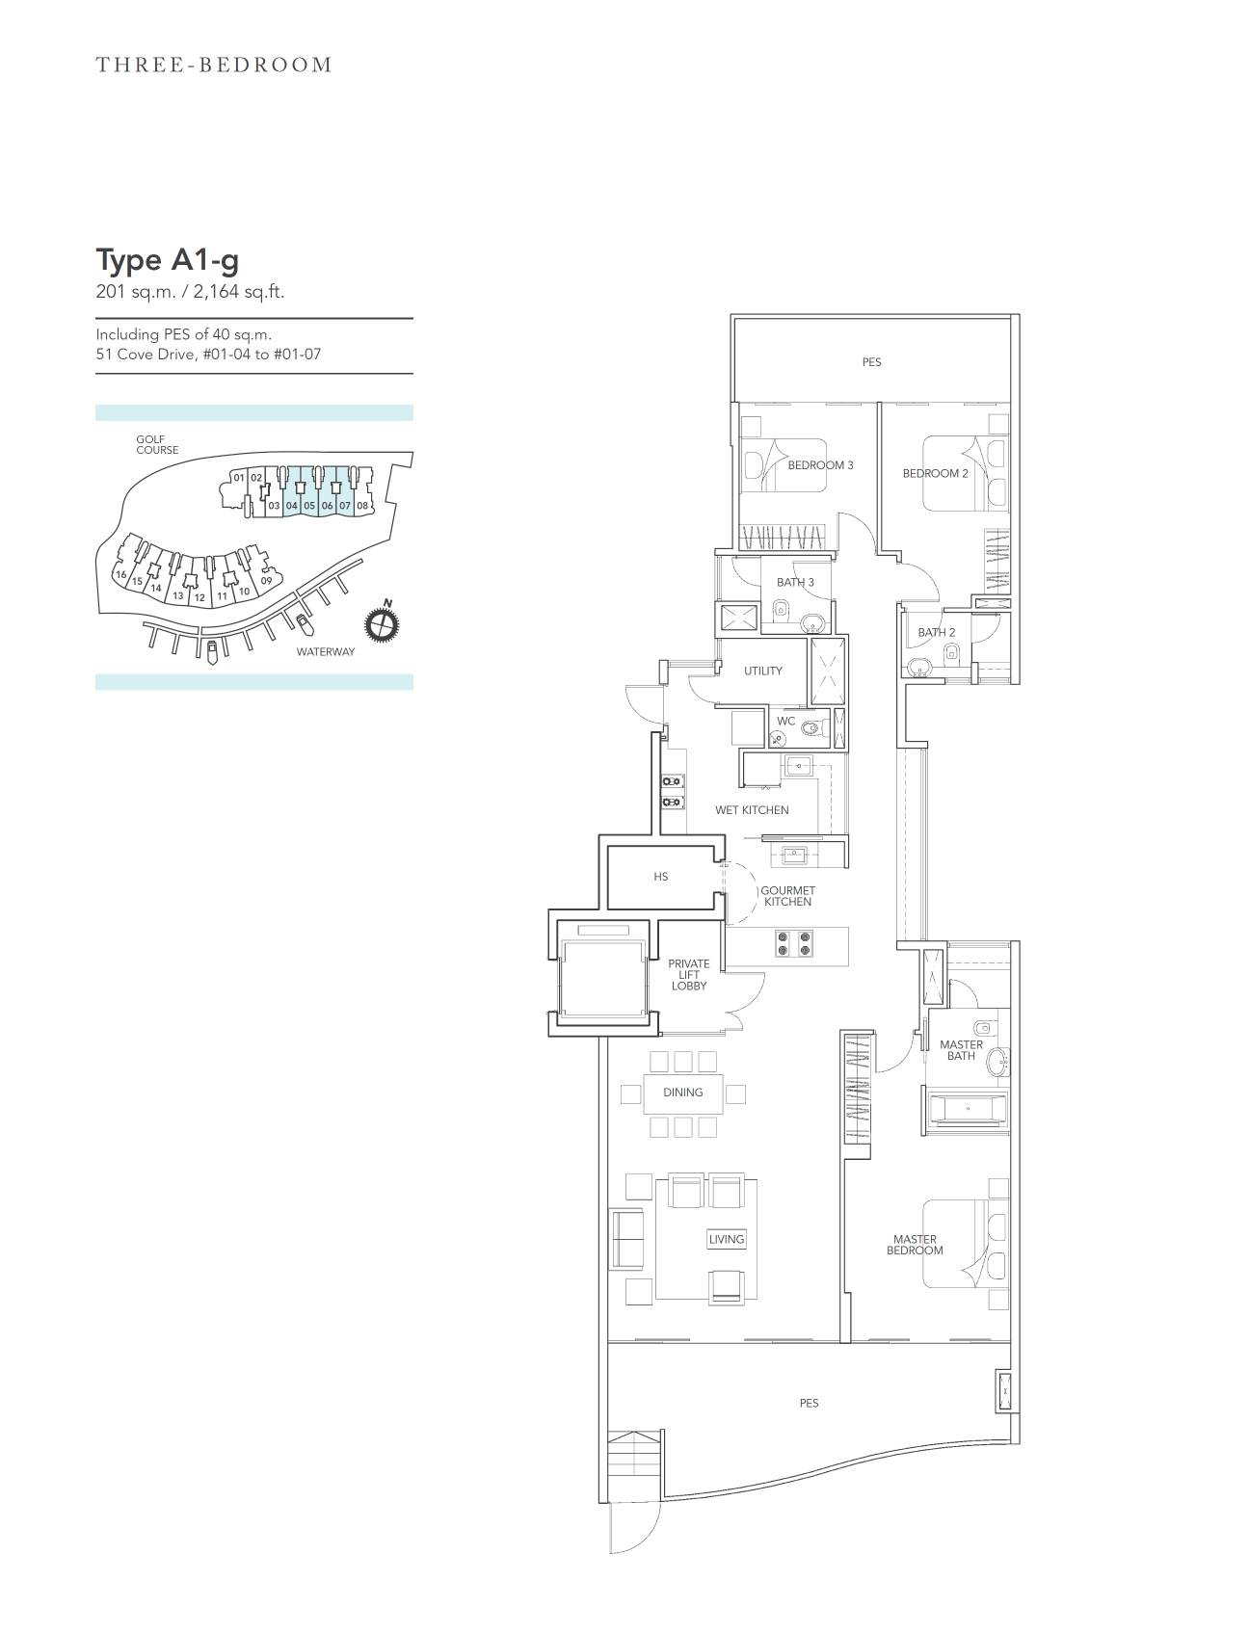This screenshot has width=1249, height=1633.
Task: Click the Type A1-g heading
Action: coord(168,261)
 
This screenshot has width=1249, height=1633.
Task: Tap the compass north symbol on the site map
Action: coord(382,623)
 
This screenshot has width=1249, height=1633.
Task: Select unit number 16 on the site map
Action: coord(120,574)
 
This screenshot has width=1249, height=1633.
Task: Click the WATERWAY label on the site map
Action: coord(325,652)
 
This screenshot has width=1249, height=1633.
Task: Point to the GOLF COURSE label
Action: coord(157,444)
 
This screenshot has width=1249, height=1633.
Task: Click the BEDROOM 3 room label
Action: coord(820,465)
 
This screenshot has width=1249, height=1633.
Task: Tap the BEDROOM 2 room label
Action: coord(935,473)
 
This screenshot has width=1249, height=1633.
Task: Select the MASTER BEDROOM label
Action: coord(915,1245)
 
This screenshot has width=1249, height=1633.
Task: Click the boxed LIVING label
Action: coord(727,1239)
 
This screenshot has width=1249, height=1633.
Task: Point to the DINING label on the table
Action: coord(682,1093)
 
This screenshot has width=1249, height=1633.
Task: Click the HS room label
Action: coord(660,877)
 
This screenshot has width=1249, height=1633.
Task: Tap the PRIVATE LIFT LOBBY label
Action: coord(689,975)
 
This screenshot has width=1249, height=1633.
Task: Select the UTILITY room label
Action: coord(762,671)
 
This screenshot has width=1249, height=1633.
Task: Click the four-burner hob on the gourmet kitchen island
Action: coord(794,944)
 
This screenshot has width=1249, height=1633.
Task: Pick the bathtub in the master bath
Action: coord(967,1109)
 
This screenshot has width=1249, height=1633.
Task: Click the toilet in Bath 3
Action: coord(781,609)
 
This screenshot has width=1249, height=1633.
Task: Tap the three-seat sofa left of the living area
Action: coord(626,1239)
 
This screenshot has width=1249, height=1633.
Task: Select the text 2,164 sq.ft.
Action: coord(239,292)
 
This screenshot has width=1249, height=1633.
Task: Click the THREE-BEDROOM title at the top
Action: coord(214,65)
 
